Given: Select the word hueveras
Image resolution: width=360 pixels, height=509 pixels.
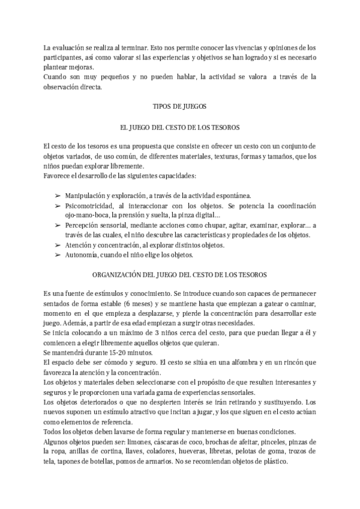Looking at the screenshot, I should pyautogui.click(x=202, y=451).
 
